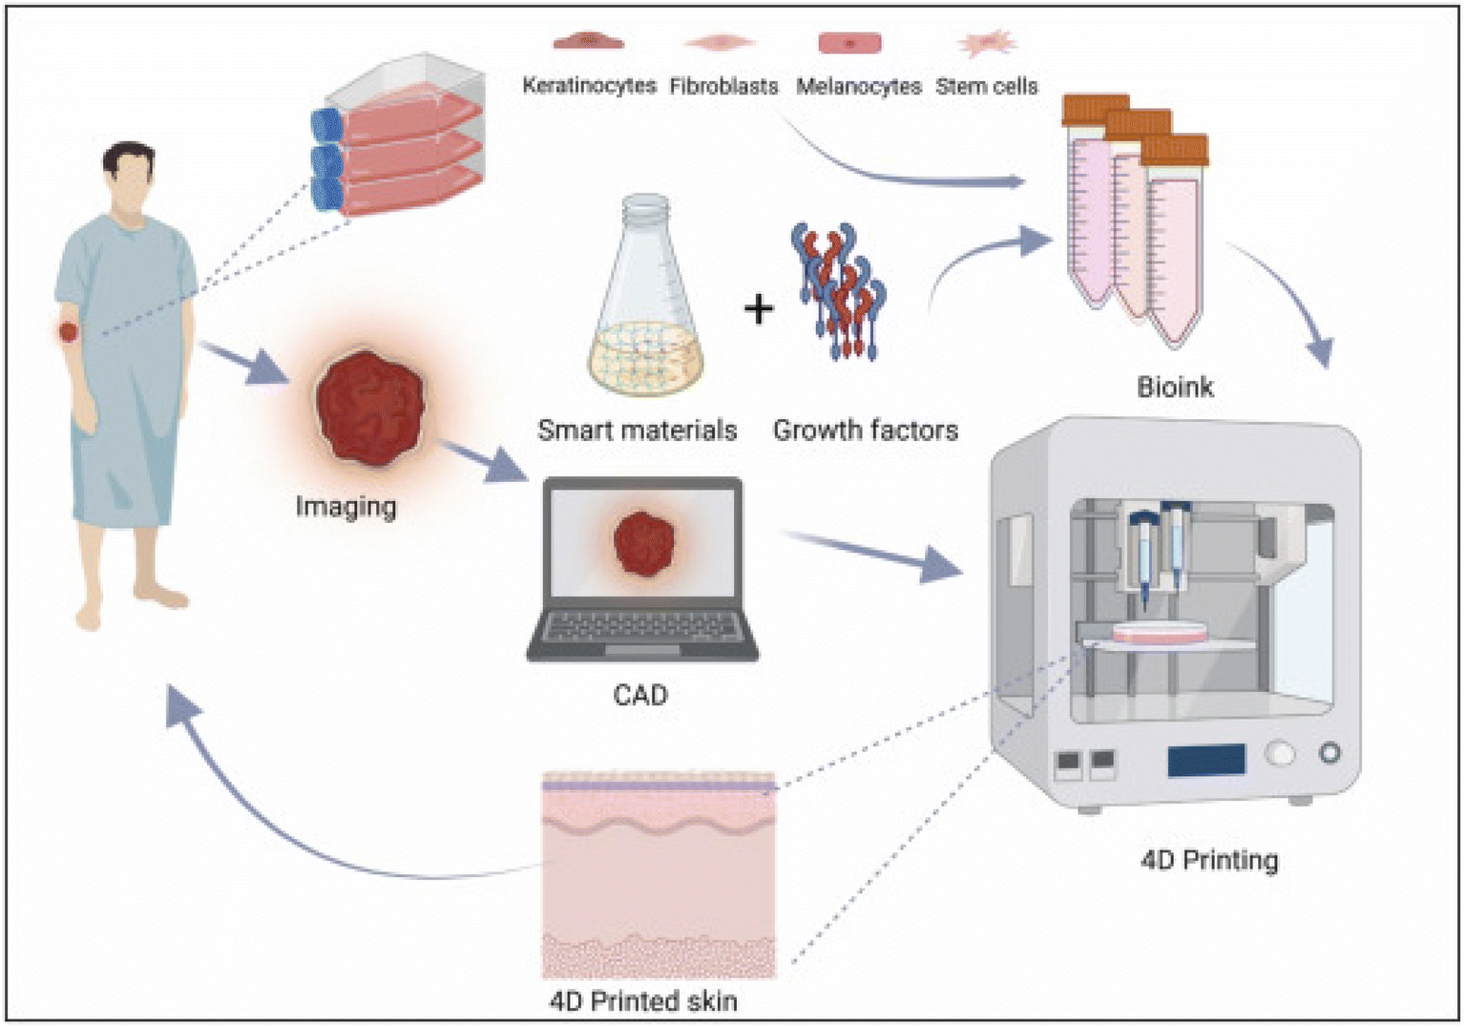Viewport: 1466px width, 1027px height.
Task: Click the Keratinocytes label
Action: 589,86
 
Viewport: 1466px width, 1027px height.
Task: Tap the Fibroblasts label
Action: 723,86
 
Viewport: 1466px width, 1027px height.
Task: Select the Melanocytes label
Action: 858,86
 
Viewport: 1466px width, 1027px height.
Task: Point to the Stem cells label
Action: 986,86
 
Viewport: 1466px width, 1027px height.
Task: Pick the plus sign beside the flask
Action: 759,308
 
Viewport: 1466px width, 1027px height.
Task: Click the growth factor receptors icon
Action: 838,291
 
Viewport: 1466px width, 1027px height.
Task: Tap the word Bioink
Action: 1175,387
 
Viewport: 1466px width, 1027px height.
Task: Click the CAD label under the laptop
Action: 639,695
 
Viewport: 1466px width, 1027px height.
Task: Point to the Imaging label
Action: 346,506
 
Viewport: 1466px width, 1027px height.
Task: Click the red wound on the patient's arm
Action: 68,332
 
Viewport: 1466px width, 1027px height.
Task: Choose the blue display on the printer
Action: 1205,760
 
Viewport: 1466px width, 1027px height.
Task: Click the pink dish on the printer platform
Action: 1160,631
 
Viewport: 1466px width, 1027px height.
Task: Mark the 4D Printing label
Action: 1209,860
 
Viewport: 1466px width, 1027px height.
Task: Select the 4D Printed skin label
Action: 643,1001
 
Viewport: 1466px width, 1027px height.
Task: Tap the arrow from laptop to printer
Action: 872,555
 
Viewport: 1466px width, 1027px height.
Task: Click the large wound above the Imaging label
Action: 370,406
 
